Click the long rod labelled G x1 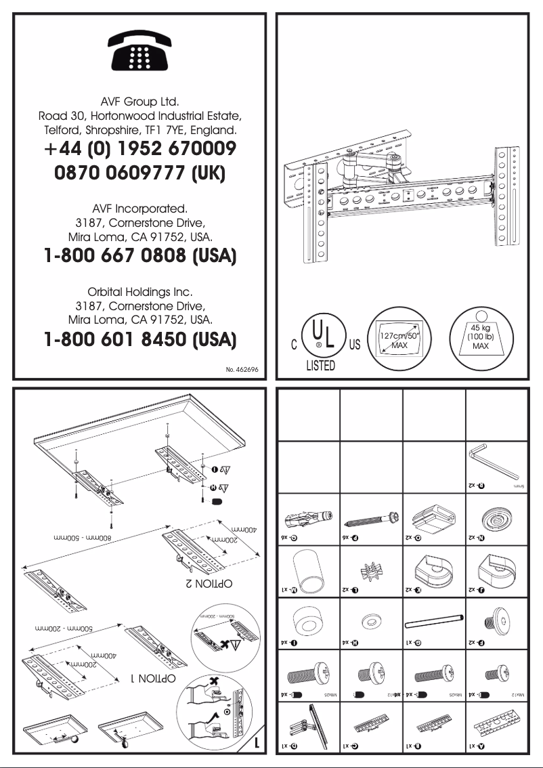click(433, 620)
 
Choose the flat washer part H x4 click(371, 620)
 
